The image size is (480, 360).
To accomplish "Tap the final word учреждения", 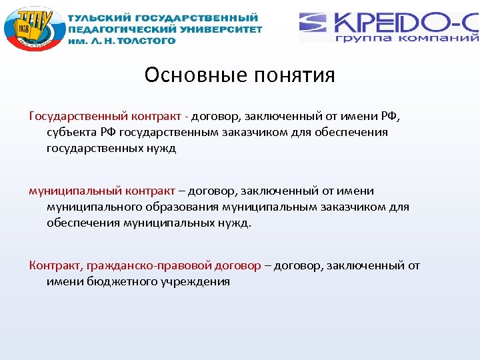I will tap(196, 281).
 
